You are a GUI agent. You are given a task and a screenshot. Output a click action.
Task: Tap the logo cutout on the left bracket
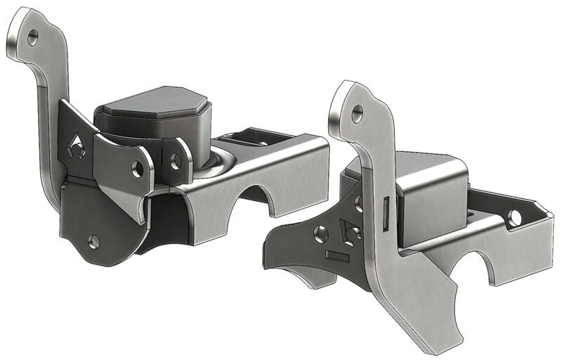click(x=77, y=146)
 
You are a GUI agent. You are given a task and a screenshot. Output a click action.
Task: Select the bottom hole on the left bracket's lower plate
click(x=94, y=241)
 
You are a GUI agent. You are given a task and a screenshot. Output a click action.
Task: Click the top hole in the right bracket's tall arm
click(x=358, y=111)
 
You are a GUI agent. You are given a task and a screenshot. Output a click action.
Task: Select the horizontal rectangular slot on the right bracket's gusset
click(x=338, y=257)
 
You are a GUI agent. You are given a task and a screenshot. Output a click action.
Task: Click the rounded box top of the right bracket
click(x=429, y=169)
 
